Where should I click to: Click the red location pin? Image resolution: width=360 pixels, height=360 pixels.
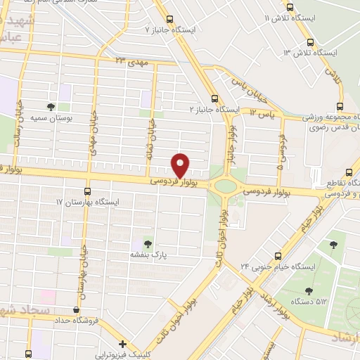click(181, 165)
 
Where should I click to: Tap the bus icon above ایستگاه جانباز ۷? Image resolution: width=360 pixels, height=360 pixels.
click(169, 20)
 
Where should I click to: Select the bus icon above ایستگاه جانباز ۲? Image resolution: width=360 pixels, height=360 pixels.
click(214, 99)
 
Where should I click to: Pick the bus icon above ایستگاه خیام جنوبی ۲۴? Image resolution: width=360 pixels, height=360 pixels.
click(278, 256)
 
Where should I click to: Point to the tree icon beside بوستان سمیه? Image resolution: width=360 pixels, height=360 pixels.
click(50, 107)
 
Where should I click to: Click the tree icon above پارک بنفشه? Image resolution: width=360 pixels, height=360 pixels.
click(147, 242)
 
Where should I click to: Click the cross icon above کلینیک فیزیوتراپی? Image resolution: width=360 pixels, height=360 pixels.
click(122, 344)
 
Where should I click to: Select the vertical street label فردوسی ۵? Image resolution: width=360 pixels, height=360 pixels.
click(281, 150)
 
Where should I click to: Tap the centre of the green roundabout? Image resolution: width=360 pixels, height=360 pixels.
click(226, 186)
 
